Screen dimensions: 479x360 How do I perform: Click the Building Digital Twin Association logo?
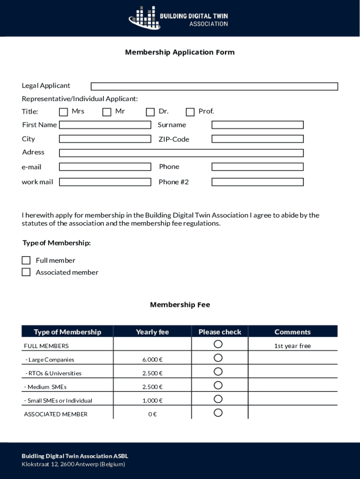pyautogui.click(x=179, y=18)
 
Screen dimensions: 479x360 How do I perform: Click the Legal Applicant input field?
pyautogui.click(x=214, y=87)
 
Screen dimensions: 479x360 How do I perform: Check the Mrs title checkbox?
pyautogui.click(x=64, y=112)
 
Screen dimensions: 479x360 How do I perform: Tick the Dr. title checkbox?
pyautogui.click(x=150, y=112)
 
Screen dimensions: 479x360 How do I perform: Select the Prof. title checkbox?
pyautogui.click(x=190, y=112)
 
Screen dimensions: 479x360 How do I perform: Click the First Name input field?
pyautogui.click(x=105, y=125)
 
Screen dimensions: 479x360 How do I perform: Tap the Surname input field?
pyautogui.click(x=258, y=125)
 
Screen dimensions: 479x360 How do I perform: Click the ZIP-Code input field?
pyautogui.click(x=258, y=139)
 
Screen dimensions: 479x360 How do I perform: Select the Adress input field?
pyautogui.click(x=181, y=153)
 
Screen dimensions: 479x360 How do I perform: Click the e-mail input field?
pyautogui.click(x=105, y=167)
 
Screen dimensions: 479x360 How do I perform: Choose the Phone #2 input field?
pyautogui.click(x=258, y=182)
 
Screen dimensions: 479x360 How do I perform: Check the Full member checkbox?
pyautogui.click(x=26, y=261)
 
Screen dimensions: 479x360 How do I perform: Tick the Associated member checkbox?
pyautogui.click(x=26, y=272)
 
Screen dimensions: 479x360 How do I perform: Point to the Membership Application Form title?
pyautogui.click(x=180, y=52)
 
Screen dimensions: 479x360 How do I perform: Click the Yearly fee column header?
pyautogui.click(x=152, y=332)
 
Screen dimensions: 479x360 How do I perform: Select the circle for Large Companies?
pyautogui.click(x=218, y=358)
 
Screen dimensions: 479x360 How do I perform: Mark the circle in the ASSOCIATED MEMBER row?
pyautogui.click(x=218, y=413)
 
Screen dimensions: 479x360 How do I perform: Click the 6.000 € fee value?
pyautogui.click(x=152, y=360)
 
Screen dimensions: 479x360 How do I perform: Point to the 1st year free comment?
pyautogui.click(x=292, y=346)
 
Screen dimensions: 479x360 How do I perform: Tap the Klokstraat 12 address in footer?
pyautogui.click(x=73, y=464)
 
